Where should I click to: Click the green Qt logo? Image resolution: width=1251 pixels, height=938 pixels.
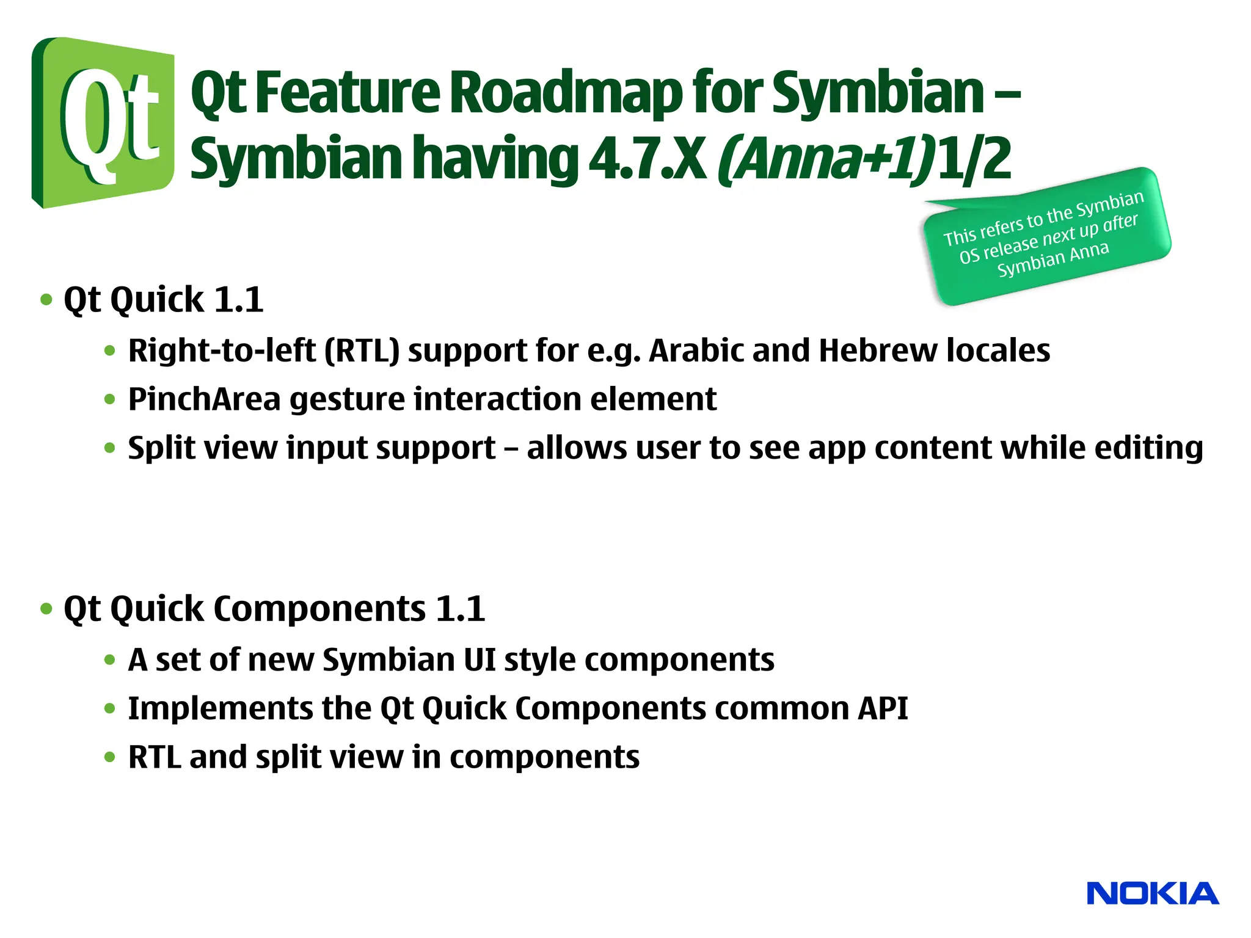[103, 122]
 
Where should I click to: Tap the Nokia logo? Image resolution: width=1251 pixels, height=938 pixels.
[1152, 893]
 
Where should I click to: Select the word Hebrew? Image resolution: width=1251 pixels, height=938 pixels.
[878, 351]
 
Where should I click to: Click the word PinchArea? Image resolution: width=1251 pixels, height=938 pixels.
[204, 400]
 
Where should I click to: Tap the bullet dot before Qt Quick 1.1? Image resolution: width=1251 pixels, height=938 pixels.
[46, 300]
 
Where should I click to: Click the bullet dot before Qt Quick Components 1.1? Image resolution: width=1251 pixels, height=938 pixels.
[46, 609]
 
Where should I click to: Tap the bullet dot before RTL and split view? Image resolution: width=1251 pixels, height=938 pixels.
[110, 758]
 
